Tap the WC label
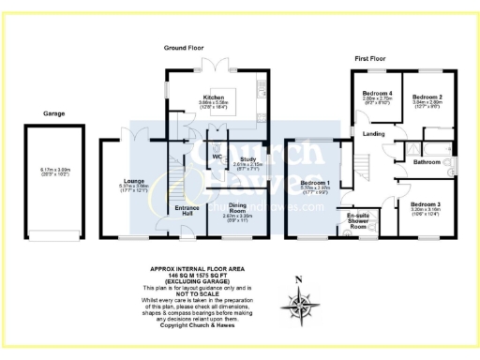tap(216, 157)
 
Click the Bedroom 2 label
tap(427, 96)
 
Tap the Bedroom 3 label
tap(426, 203)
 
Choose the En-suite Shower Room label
tap(357, 221)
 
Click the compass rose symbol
tap(299, 306)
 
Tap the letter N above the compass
tap(299, 279)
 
